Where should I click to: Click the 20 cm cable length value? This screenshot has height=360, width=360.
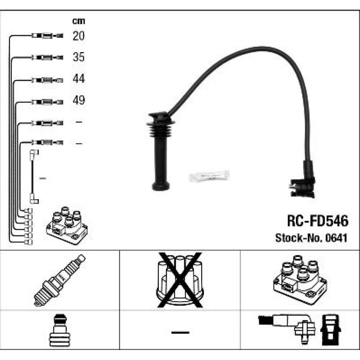point(78,36)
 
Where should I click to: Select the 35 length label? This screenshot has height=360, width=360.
point(78,57)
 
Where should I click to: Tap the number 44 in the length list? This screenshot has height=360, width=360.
point(78,78)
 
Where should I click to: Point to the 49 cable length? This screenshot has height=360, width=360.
point(78,100)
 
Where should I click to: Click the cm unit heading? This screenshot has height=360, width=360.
point(78,21)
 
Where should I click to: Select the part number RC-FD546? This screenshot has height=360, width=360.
point(318,221)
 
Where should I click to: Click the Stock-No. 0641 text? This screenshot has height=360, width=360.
point(311,238)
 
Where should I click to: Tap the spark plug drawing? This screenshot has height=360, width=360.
point(60,280)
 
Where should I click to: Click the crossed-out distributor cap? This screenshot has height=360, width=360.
point(180,280)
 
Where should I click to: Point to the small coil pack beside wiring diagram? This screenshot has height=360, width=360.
point(67,225)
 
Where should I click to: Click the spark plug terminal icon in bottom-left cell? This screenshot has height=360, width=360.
point(59,330)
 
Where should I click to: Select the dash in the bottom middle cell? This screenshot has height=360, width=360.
point(180,332)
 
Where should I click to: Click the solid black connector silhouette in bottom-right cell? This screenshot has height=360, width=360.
point(330,330)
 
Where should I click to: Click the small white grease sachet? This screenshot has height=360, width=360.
point(210,176)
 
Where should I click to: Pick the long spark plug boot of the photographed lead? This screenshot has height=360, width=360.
point(161,151)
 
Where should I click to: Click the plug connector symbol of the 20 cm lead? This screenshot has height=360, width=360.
point(47,36)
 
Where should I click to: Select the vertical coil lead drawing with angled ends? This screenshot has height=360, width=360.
point(34,176)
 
